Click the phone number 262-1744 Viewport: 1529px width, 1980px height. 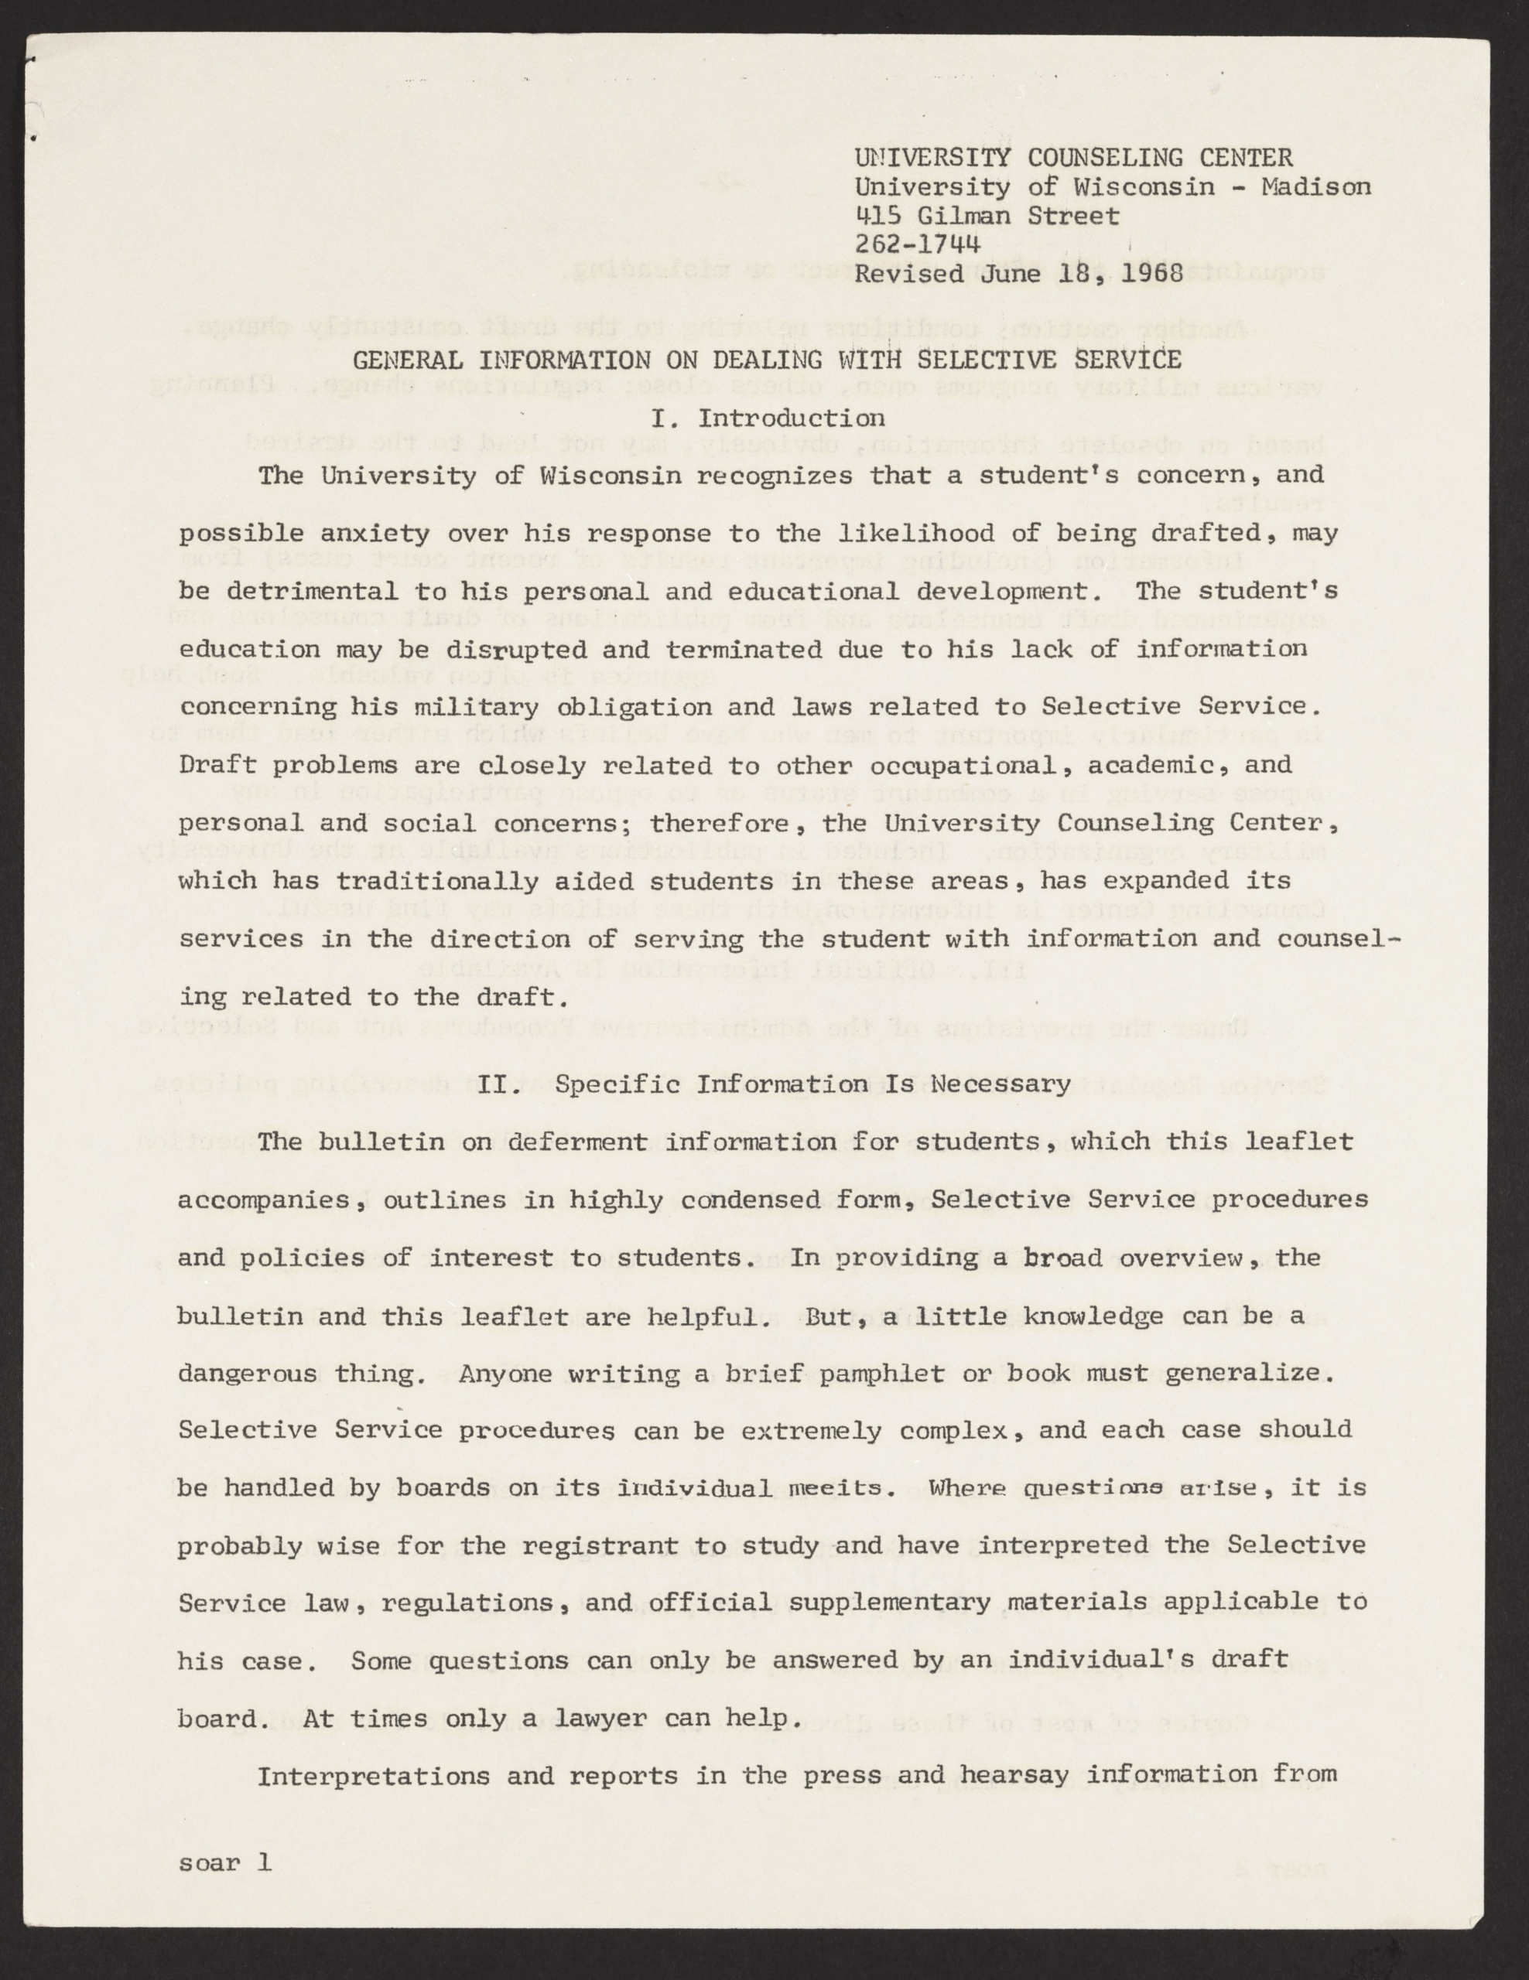(917, 244)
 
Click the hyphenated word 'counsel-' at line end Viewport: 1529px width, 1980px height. (1339, 938)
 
